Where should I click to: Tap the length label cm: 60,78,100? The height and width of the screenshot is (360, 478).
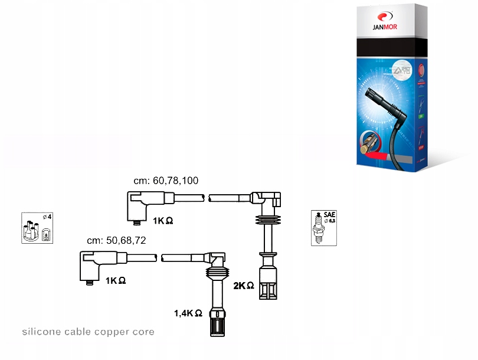pos(165,181)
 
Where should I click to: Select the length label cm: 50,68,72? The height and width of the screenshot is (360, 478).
pos(116,241)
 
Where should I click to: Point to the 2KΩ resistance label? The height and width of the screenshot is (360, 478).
pos(244,285)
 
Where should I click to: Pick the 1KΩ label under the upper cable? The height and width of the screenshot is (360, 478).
pos(162,221)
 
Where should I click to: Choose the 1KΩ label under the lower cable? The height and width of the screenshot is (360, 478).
pos(116,281)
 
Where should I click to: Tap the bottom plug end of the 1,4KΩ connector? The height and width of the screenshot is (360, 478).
pos(217,324)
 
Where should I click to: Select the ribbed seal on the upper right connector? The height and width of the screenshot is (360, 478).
pos(267,221)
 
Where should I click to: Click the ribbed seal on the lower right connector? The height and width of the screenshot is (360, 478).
pos(217,274)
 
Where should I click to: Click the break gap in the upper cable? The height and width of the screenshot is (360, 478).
pos(207,198)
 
